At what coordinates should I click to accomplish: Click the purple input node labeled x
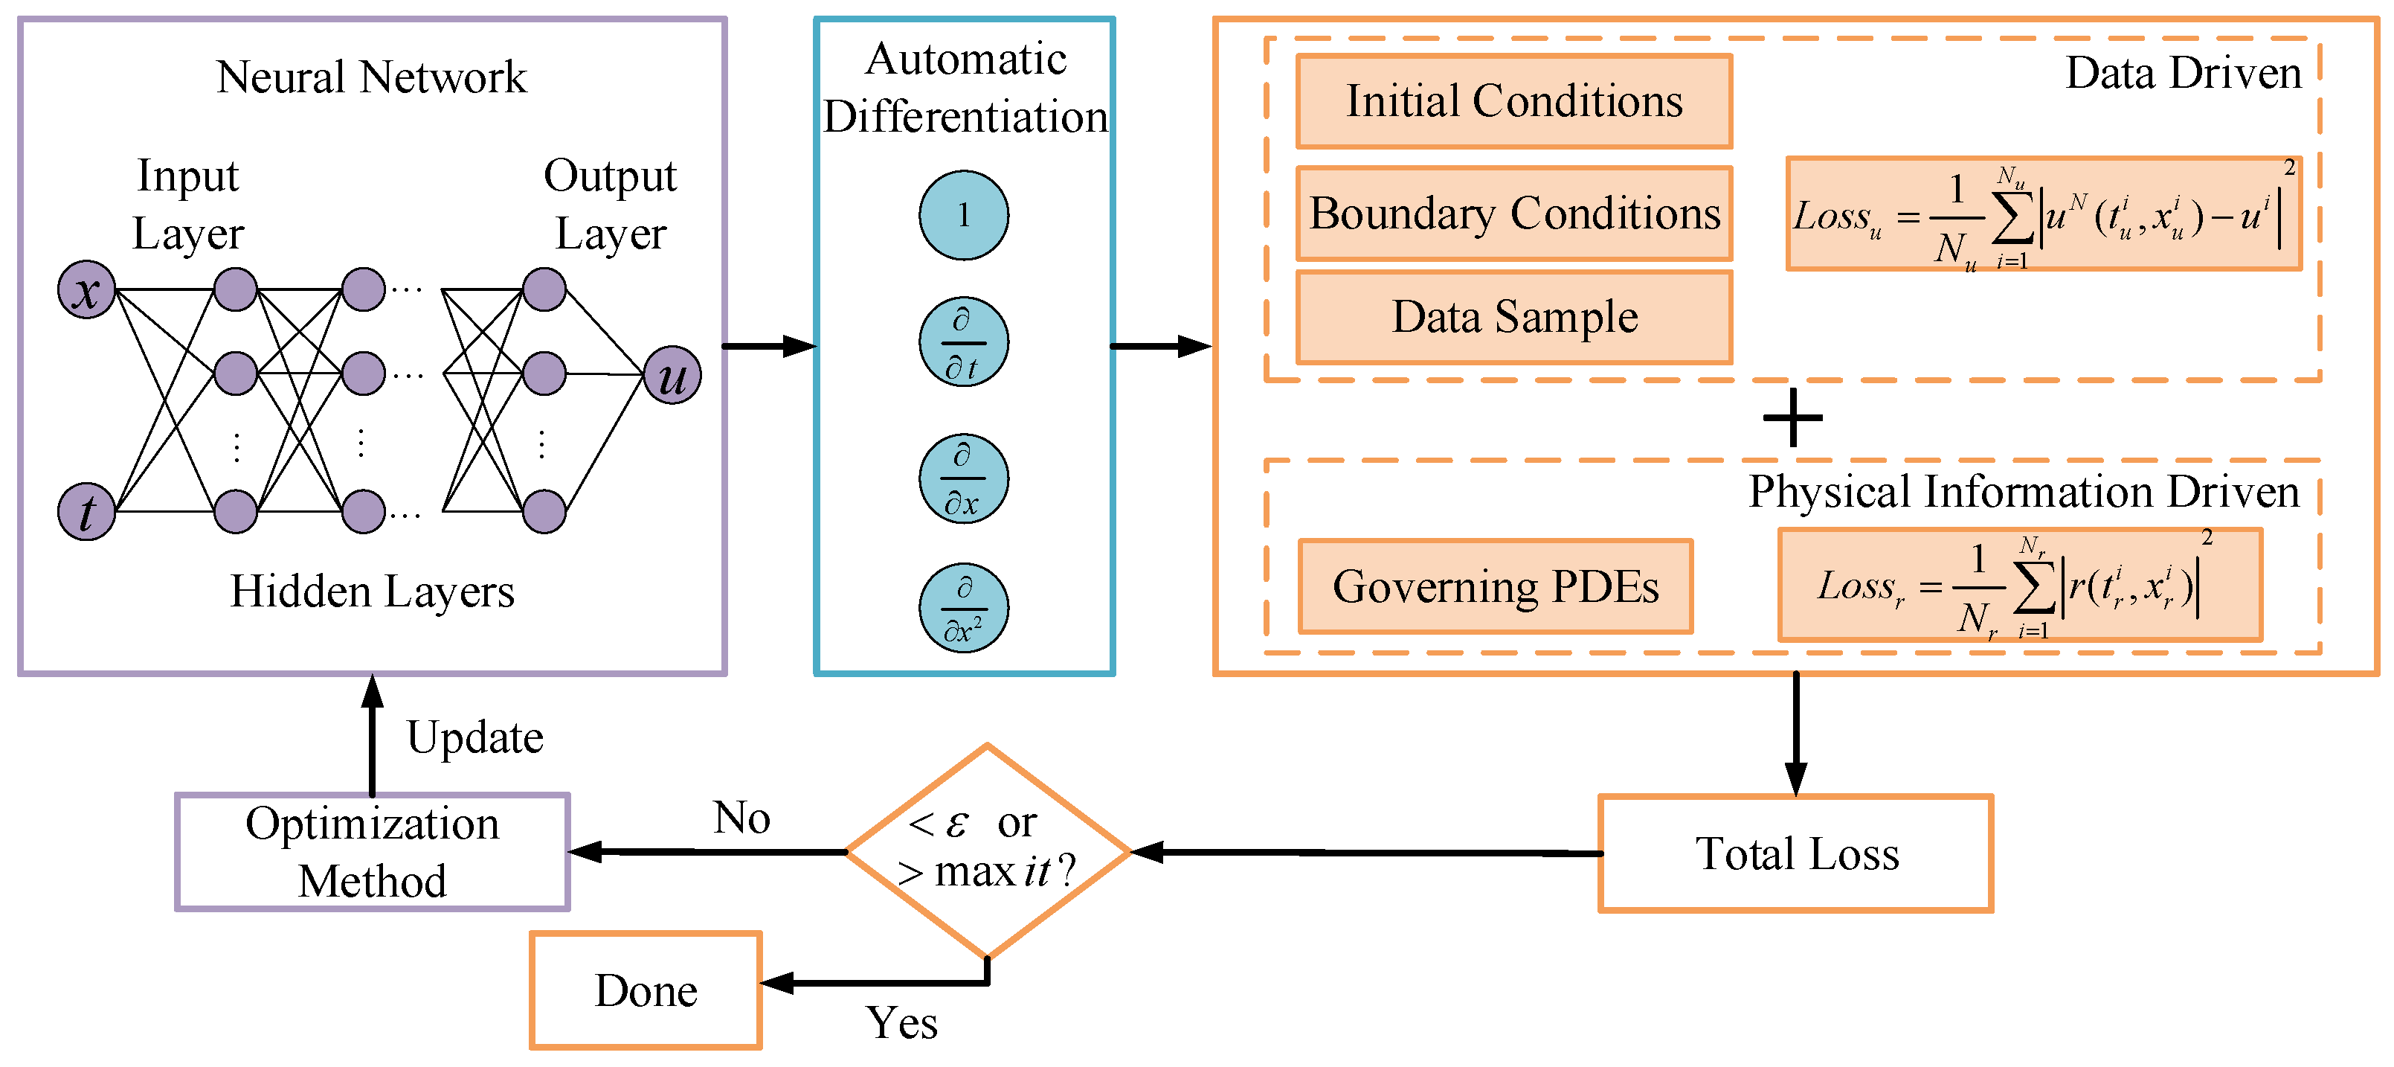tap(86, 290)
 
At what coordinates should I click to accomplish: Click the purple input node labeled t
tap(86, 511)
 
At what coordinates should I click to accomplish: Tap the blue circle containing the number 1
tap(964, 216)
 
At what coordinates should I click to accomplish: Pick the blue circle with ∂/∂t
tap(964, 342)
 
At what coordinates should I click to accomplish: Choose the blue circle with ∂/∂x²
tap(964, 608)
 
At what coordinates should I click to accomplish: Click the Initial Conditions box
tap(1514, 100)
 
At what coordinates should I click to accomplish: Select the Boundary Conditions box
tap(1514, 213)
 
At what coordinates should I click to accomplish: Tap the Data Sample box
tap(1514, 317)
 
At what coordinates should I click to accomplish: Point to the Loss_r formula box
tap(2018, 586)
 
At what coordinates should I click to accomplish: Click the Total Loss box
tap(1795, 853)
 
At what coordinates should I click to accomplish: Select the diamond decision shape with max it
tap(988, 850)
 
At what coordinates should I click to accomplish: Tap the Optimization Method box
tap(372, 851)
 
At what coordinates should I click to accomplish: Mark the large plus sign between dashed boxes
tap(1793, 418)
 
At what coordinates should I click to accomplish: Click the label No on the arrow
tap(741, 818)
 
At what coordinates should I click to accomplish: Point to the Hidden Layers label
tap(372, 591)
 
